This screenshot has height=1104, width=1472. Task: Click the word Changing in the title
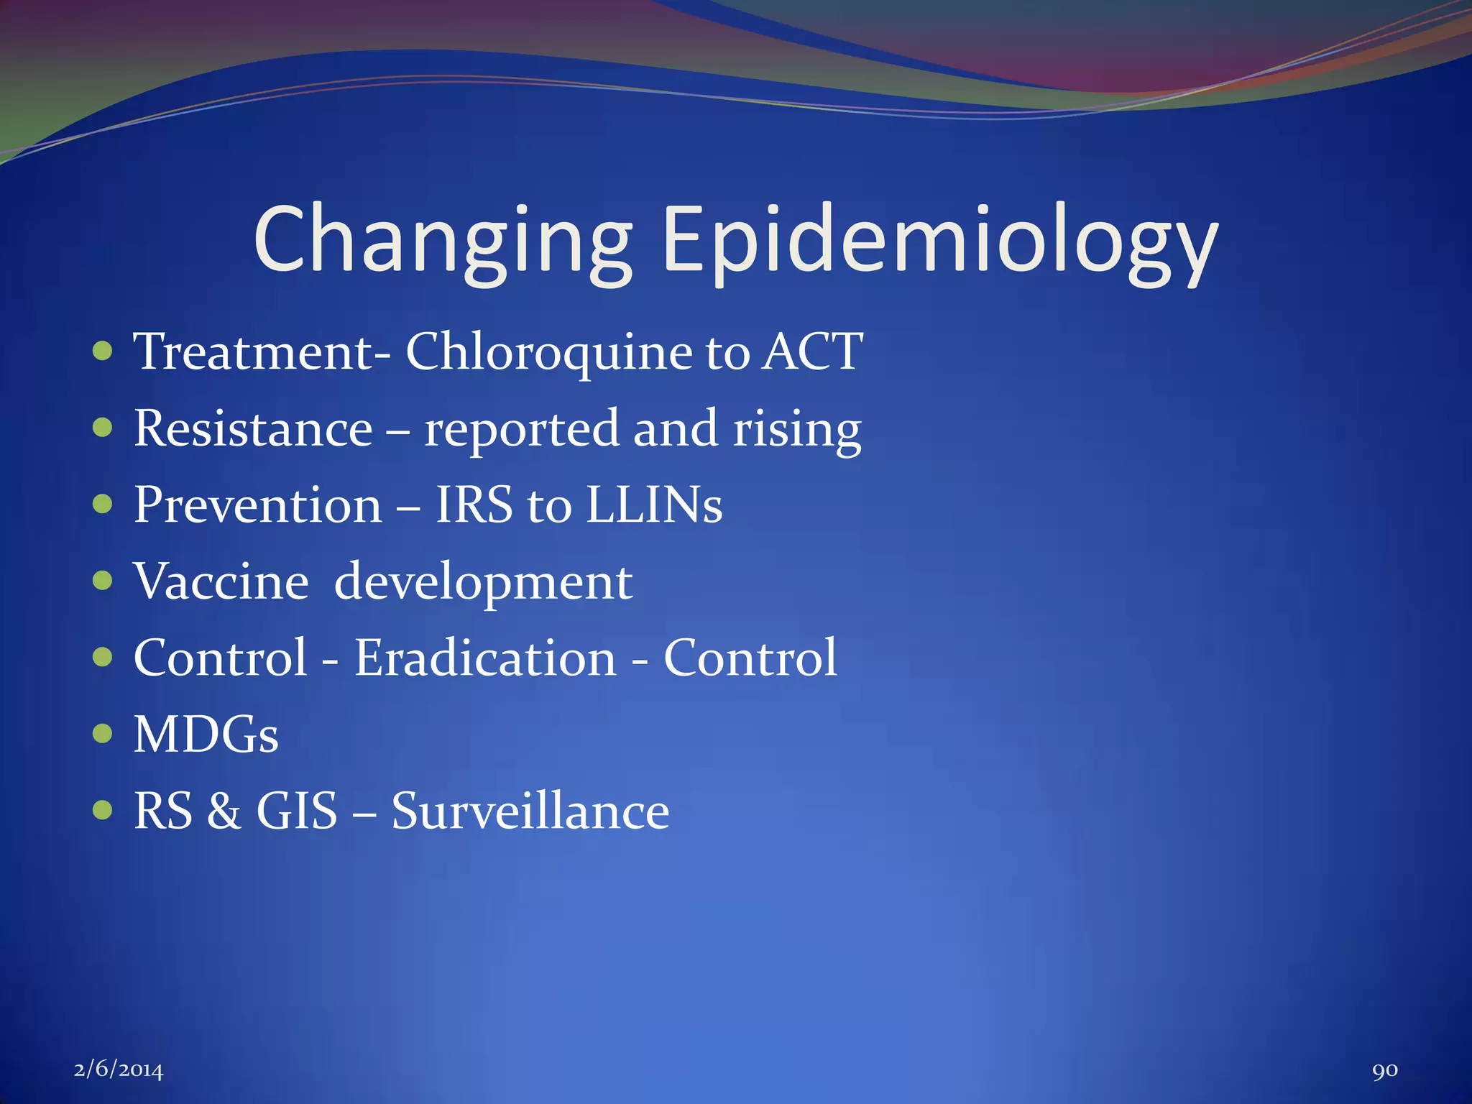tap(442, 241)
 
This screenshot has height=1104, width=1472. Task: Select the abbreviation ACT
tap(812, 352)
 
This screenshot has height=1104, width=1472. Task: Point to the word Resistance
tap(253, 429)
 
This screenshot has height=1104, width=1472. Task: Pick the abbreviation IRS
tap(474, 505)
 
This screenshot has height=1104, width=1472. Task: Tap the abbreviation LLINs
tap(653, 505)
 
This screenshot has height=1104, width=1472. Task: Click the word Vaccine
tap(221, 581)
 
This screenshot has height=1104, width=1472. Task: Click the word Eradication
tap(485, 658)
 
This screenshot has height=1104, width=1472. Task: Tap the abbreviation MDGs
tap(206, 735)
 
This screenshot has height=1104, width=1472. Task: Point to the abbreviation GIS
tap(297, 811)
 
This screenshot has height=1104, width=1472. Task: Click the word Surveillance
tap(530, 811)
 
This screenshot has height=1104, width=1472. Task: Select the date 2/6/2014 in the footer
tap(119, 1069)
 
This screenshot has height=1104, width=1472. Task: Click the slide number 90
tap(1384, 1070)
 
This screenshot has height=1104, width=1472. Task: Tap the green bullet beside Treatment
tap(103, 351)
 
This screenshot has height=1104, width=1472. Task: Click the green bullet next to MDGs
tap(103, 733)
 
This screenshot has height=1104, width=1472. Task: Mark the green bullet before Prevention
tap(103, 504)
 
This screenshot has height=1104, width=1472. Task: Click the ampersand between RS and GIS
tap(224, 811)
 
